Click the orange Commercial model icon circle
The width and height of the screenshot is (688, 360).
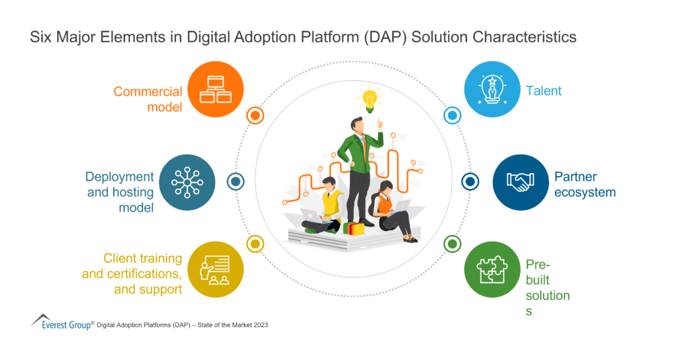216,89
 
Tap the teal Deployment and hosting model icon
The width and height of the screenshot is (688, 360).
187,182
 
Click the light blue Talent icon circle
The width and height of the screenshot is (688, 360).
492,89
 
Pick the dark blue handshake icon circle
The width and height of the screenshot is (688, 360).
521,182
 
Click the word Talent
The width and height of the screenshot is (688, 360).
544,91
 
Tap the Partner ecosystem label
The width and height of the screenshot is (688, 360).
585,185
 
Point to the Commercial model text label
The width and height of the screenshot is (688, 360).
148,99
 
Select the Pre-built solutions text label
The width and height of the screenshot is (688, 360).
548,287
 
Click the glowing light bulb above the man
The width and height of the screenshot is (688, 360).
368,99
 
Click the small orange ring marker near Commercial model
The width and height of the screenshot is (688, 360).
255,116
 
